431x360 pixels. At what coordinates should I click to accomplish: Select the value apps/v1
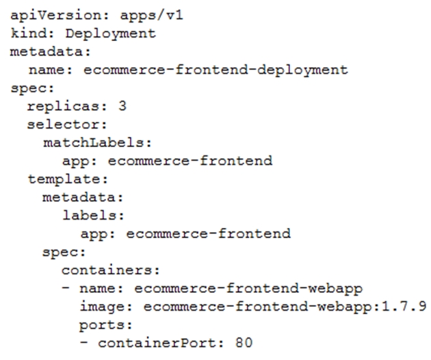point(151,16)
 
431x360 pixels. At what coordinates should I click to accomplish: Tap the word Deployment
point(111,34)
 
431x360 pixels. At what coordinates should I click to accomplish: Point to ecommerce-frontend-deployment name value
point(215,70)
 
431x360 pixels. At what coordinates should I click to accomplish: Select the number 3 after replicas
point(122,106)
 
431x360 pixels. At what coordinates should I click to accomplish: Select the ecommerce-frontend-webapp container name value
point(248,289)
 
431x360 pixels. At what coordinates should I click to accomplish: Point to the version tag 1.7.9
point(404,306)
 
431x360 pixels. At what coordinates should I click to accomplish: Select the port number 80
point(244,343)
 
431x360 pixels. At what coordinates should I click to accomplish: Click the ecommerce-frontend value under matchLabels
point(190,161)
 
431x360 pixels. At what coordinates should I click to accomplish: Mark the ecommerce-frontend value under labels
point(209,234)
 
